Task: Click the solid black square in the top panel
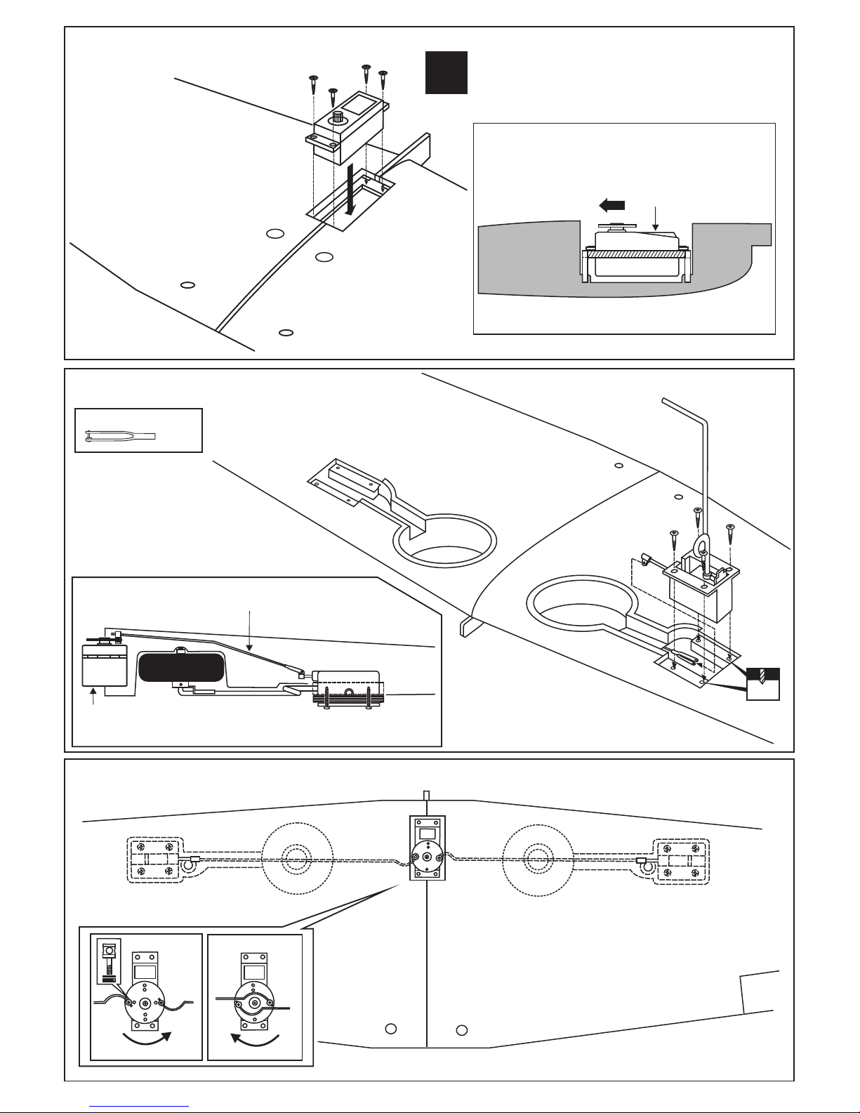(x=447, y=72)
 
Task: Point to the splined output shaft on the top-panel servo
(x=338, y=117)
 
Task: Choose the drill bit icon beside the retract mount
(x=763, y=680)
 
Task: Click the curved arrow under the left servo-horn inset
(x=146, y=1040)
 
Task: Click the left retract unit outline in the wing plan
(x=154, y=861)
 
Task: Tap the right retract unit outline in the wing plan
(x=680, y=861)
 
